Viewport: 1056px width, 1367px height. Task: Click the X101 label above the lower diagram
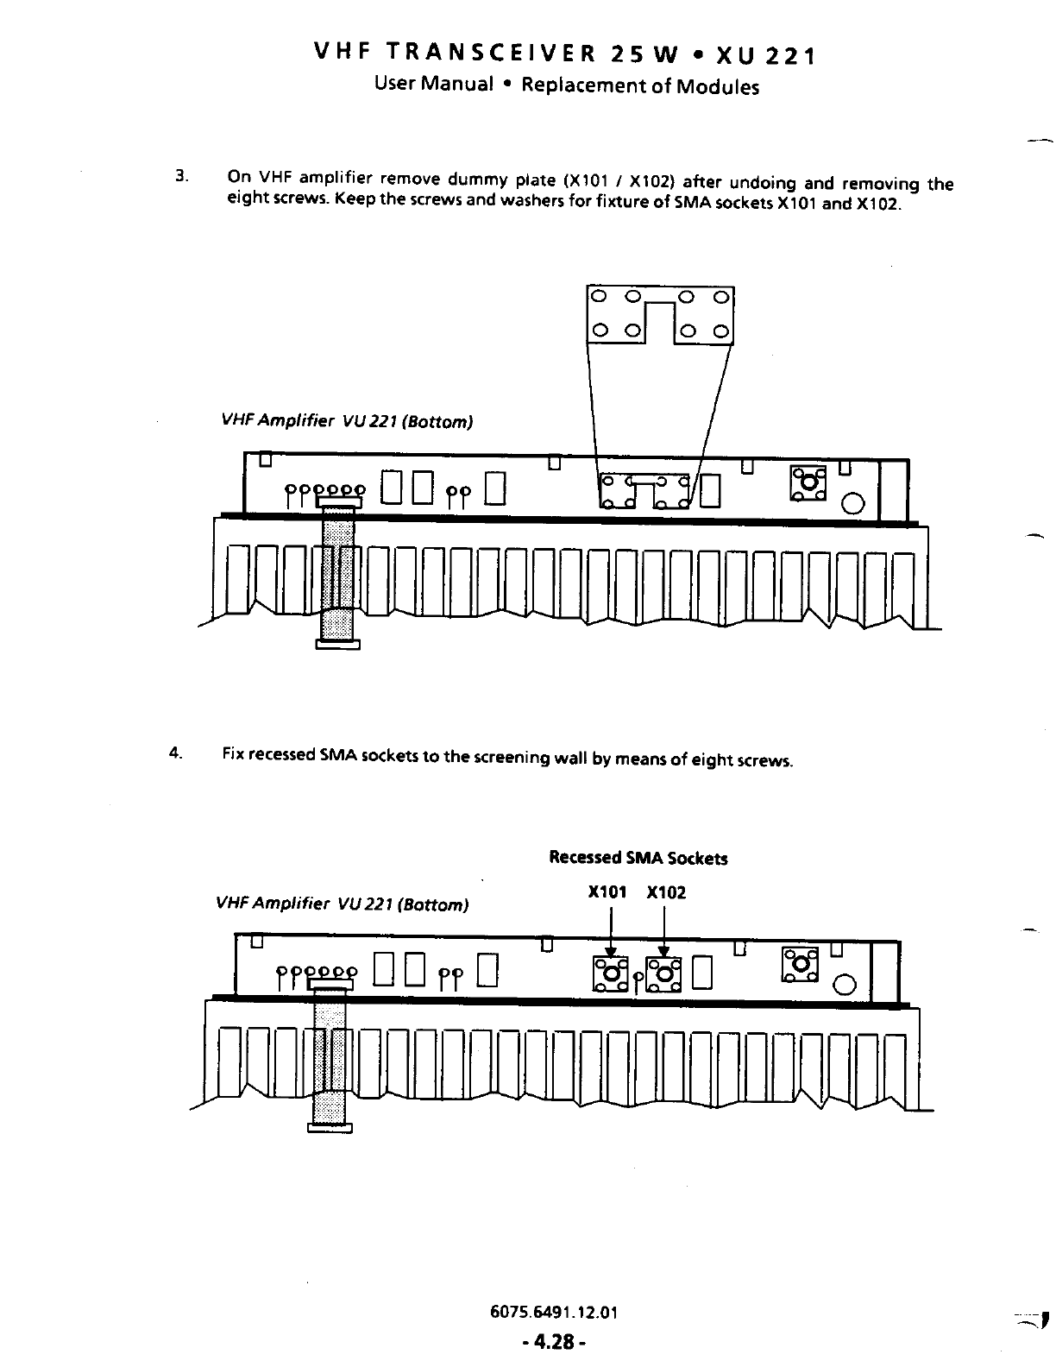pos(607,892)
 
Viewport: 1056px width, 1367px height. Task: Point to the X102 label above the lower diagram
pos(666,892)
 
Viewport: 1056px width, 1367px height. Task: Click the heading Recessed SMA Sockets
pos(638,858)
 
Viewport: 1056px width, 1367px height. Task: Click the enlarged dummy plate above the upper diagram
pos(659,314)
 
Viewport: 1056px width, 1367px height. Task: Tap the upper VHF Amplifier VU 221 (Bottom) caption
pos(347,421)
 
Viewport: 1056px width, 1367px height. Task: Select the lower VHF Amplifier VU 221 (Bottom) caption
pos(343,904)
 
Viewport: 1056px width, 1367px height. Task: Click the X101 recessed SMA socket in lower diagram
pos(611,973)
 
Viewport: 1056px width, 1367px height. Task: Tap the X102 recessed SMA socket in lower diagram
pos(663,973)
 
